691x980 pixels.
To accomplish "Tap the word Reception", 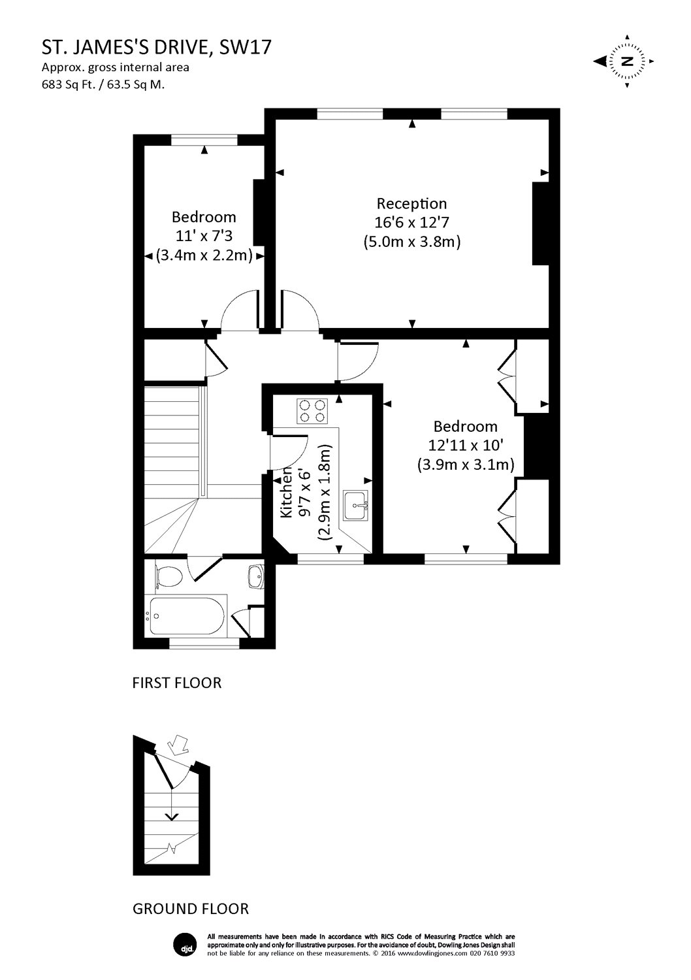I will coord(411,203).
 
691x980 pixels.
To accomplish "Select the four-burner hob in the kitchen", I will coord(312,410).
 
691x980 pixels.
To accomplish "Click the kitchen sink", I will coord(357,504).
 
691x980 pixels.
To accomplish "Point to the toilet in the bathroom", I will coord(169,578).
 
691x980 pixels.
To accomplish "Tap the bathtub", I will coord(187,615).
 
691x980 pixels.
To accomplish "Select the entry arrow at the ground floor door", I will coord(176,743).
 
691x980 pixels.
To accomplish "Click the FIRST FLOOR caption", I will coord(177,683).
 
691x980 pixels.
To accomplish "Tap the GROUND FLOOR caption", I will coord(191,908).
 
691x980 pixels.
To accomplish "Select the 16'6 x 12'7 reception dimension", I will coord(411,222).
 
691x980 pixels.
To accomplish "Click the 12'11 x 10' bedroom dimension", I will coord(466,446).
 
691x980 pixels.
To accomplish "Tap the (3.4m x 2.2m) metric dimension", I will coord(204,255).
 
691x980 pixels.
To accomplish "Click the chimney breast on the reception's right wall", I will coord(541,224).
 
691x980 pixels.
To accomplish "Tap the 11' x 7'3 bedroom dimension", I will coord(204,236).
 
